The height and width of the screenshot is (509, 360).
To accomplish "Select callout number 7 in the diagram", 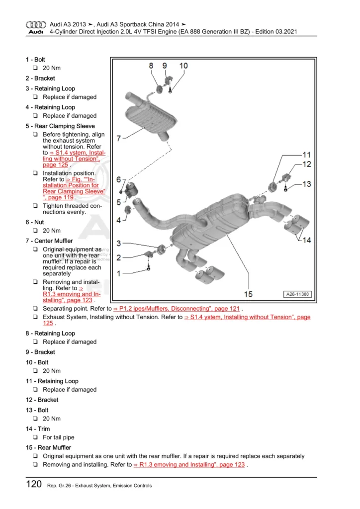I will click(118, 138).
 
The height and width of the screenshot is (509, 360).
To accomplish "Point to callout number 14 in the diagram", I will click(306, 240).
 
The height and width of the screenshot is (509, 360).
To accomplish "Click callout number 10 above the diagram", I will click(183, 66).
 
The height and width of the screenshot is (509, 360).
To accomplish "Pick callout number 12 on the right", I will click(306, 164).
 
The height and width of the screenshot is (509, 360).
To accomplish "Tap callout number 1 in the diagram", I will click(118, 273).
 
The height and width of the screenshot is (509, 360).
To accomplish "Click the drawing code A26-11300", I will click(297, 294).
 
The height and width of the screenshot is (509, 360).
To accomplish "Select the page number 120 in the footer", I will click(33, 485).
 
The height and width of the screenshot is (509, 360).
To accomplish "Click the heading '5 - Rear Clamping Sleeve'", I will click(60, 126).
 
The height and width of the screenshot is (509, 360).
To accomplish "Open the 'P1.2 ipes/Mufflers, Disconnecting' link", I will click(177, 309).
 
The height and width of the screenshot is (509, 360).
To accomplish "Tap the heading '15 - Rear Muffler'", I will click(48, 448).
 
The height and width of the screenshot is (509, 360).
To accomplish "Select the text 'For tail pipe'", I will click(59, 437).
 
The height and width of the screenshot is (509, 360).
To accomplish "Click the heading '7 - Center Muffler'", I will click(49, 241).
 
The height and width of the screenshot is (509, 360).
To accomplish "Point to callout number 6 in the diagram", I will click(118, 179).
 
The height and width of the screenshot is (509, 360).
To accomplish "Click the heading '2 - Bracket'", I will click(40, 79).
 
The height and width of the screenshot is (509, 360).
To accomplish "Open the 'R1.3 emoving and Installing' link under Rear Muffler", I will click(189, 465).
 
